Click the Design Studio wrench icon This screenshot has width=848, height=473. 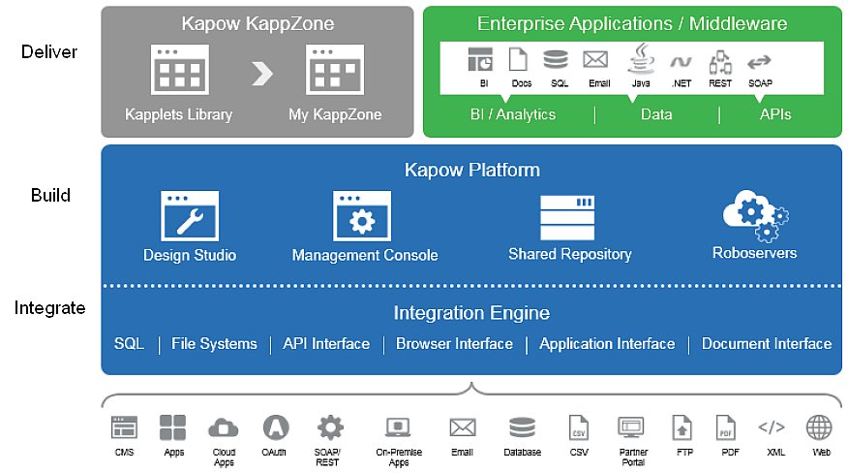click(189, 215)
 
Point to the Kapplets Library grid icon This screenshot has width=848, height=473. click(179, 70)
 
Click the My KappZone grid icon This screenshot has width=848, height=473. click(335, 70)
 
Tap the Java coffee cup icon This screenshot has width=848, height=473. click(640, 60)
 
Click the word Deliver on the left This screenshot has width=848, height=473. click(48, 51)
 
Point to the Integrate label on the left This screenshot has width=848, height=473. click(49, 308)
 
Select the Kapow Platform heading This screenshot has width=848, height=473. click(471, 171)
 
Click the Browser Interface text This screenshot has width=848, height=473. click(454, 344)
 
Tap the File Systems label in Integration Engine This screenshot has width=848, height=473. click(214, 344)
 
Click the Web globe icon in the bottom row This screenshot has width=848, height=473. click(819, 427)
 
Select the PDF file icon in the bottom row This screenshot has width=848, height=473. click(726, 427)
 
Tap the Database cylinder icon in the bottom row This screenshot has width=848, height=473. click(522, 427)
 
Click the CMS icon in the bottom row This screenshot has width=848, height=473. click(124, 427)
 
